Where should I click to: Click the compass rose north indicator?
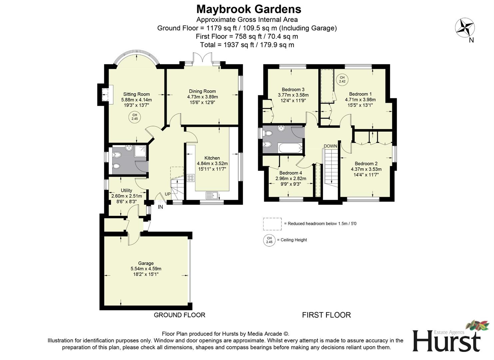[465, 28]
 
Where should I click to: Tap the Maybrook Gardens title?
[248, 9]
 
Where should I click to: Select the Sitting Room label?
[136, 94]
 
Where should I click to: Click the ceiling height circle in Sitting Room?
[135, 117]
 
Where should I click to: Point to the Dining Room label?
[202, 91]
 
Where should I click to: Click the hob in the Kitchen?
[191, 178]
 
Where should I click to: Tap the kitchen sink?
[212, 195]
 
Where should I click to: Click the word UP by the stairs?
[168, 194]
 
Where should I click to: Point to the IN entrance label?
[160, 207]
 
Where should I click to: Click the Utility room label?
[126, 190]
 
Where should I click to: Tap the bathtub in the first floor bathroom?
[290, 148]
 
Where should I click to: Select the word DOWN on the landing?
[330, 146]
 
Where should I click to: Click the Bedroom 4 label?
[290, 173]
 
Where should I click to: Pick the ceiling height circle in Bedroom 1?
[342, 79]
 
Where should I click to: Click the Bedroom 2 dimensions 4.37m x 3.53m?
[366, 169]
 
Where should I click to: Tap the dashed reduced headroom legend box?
[272, 224]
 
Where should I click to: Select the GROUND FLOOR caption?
[179, 315]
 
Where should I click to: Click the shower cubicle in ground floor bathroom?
[141, 152]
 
